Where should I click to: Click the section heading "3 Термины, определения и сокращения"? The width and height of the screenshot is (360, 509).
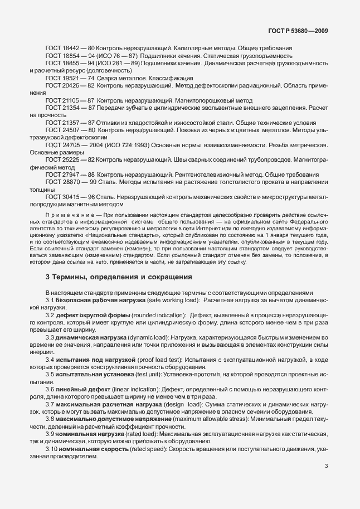119,277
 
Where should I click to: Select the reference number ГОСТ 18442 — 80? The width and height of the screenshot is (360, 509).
71,49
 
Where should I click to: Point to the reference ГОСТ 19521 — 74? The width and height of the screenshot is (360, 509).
71,78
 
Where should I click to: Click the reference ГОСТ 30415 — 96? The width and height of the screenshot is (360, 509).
71,197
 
